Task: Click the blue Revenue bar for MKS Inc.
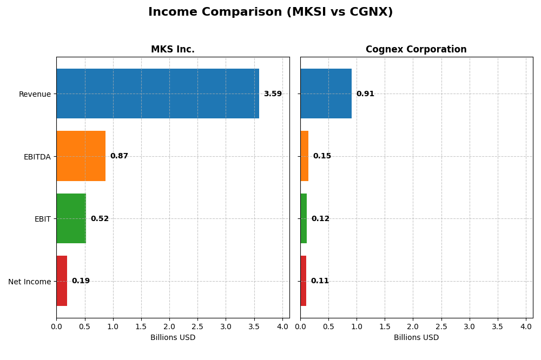tap(157, 94)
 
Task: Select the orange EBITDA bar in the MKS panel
tap(81, 156)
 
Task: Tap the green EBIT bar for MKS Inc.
tap(71, 218)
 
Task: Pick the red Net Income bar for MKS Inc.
tap(62, 281)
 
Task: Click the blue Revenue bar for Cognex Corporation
tap(326, 94)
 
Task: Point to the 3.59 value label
tap(273, 94)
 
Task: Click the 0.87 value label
tap(119, 156)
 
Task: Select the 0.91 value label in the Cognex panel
tap(365, 94)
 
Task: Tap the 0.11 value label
tap(320, 281)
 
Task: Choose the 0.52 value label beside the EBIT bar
tap(100, 219)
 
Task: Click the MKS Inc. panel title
tap(173, 50)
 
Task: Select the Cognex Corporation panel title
tap(416, 50)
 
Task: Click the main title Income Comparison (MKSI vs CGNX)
tap(270, 12)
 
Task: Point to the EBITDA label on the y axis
tap(37, 157)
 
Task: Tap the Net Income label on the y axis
tap(30, 282)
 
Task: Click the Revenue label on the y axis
tap(35, 95)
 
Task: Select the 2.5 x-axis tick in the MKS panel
tap(197, 326)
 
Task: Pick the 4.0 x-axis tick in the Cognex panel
tap(526, 326)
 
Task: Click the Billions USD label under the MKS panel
tap(173, 337)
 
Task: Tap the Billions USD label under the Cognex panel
tap(416, 337)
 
